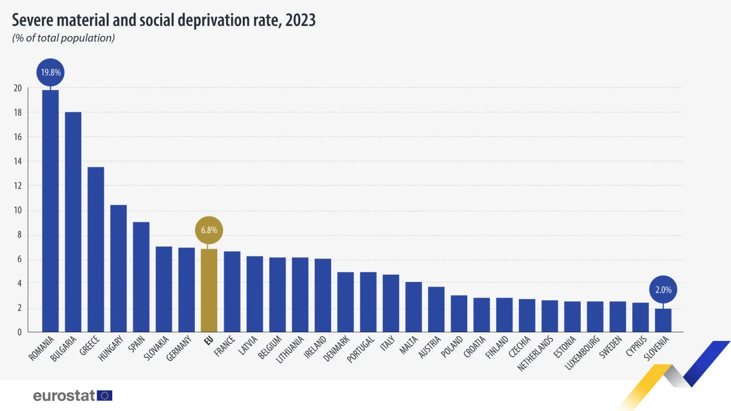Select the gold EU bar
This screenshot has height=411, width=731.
click(209, 290)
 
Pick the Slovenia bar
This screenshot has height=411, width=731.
click(663, 320)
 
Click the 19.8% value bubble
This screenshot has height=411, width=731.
click(51, 73)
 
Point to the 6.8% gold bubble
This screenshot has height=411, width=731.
click(209, 230)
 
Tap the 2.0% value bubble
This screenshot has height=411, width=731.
click(663, 289)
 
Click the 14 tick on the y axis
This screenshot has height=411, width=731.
click(18, 161)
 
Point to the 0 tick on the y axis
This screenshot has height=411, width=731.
click(19, 332)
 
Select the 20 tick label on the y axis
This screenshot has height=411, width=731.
click(18, 88)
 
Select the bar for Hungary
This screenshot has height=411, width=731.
click(119, 268)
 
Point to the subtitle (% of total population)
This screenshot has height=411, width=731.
click(63, 38)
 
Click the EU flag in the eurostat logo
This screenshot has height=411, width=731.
click(105, 395)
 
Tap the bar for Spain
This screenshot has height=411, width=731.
click(141, 277)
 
